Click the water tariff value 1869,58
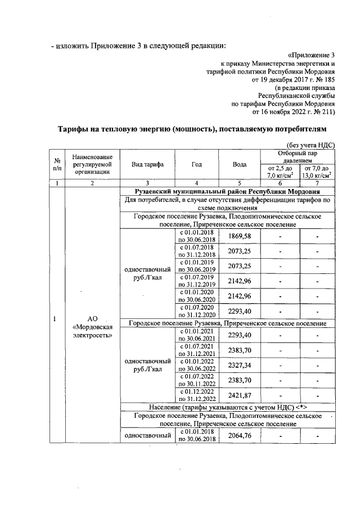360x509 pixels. click(x=239, y=235)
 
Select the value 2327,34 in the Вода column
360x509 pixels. click(x=239, y=365)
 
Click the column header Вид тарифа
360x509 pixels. click(x=147, y=164)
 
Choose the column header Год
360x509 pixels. click(x=196, y=164)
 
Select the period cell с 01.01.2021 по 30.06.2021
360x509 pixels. click(x=196, y=336)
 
